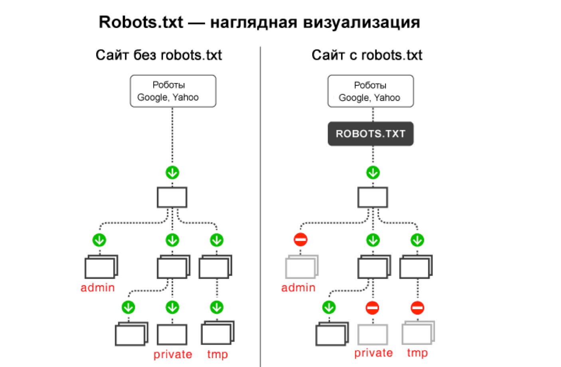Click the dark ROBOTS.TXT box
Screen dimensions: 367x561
click(370, 134)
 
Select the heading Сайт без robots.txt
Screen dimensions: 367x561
click(158, 55)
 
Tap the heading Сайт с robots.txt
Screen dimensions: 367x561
click(367, 55)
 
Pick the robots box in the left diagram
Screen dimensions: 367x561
click(173, 91)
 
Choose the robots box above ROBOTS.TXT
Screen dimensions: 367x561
click(370, 91)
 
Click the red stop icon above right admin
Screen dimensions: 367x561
click(300, 240)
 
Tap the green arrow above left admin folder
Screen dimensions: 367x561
click(99, 240)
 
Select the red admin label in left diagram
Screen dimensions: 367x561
click(97, 288)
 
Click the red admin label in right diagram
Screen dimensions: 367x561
click(298, 288)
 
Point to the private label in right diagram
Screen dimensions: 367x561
click(373, 353)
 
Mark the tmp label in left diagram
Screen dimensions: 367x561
click(217, 354)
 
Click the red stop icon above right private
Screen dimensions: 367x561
click(373, 308)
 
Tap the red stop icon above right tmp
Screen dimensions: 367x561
click(417, 308)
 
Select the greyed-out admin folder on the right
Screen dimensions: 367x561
click(301, 267)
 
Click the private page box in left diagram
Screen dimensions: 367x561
click(172, 335)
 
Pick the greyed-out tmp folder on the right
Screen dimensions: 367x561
click(418, 333)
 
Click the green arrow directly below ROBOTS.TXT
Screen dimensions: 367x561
click(373, 173)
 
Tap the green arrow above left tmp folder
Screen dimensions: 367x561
click(217, 307)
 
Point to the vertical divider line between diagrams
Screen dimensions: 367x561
click(261, 207)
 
